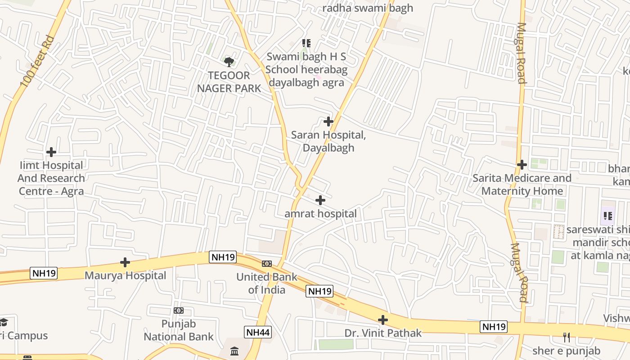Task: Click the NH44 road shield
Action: point(258,333)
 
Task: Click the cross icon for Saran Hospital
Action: point(328,121)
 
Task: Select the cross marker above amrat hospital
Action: point(320,200)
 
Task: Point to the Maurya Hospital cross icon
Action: point(125,262)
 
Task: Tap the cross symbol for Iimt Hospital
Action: point(51,152)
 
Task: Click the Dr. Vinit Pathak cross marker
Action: point(383,320)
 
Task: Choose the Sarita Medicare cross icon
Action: point(522,165)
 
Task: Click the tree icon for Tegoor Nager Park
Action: point(229,62)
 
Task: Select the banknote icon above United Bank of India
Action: point(267,264)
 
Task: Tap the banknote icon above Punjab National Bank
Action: point(179,310)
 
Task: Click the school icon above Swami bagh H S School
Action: point(306,44)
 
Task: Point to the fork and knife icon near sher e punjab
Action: point(567,337)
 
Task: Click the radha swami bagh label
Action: point(368,8)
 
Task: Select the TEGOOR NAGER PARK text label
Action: point(229,82)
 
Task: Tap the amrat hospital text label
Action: point(320,214)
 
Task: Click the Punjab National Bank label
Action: point(179,330)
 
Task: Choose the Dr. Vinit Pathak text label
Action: point(383,333)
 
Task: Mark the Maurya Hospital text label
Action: point(126,275)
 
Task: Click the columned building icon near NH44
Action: point(234,351)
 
